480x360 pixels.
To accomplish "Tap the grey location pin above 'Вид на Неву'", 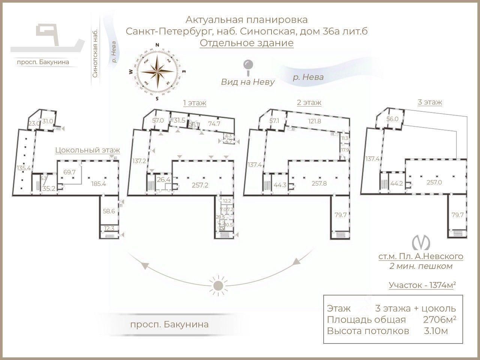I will click(x=247, y=66).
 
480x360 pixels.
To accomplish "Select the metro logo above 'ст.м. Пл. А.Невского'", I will click(x=420, y=243).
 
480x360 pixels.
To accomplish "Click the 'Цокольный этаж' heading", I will click(x=87, y=150).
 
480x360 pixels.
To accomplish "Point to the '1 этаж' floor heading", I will click(x=194, y=102).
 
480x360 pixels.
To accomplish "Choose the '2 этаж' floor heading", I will click(x=309, y=102).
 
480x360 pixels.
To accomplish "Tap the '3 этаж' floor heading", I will click(x=429, y=102).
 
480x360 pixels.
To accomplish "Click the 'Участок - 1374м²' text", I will click(x=422, y=285).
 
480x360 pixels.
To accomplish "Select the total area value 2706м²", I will click(x=439, y=319).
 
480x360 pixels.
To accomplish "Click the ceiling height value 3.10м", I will click(x=435, y=331).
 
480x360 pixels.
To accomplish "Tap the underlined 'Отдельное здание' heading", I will click(x=246, y=43).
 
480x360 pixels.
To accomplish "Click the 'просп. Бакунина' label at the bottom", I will click(x=169, y=324).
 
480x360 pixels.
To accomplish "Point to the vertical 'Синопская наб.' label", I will click(x=95, y=54).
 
